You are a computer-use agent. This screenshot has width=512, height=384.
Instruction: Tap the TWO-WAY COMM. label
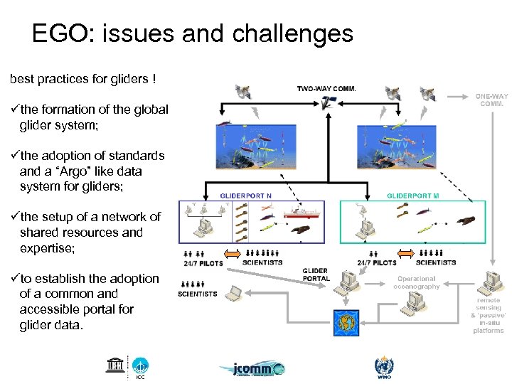coord(326,89)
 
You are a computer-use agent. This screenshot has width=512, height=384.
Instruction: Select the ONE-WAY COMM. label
coord(492,100)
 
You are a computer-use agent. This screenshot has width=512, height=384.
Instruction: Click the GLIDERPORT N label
coord(246,194)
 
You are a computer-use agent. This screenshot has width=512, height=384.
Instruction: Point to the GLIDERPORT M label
coord(413,194)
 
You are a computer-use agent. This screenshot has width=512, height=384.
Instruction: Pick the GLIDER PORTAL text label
coord(316,274)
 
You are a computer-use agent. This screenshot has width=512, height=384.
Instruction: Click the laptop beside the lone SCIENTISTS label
coord(233,292)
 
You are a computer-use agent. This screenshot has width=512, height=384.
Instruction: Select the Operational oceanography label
coord(417,282)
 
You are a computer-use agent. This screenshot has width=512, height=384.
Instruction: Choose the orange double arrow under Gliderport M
coord(405,253)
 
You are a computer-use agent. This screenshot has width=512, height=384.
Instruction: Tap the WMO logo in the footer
coord(383,367)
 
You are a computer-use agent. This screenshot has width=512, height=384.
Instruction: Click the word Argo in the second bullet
coord(85,171)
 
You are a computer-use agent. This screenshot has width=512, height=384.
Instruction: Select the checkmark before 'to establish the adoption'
coord(14,279)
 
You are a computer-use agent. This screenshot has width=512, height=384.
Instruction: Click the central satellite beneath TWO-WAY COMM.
coord(327,105)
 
